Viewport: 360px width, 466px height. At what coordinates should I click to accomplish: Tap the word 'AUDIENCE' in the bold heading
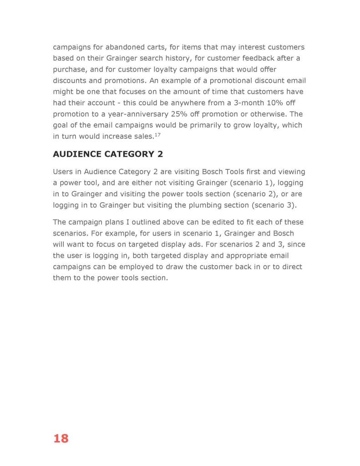(77, 154)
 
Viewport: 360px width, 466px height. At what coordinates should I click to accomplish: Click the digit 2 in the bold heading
(160, 154)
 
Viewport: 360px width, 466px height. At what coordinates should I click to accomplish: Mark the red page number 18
(61, 439)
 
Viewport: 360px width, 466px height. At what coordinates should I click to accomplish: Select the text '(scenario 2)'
(256, 194)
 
